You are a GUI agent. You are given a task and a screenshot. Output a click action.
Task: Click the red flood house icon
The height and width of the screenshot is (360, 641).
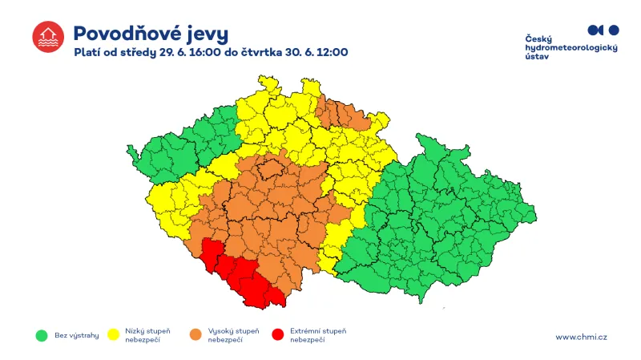point(47,38)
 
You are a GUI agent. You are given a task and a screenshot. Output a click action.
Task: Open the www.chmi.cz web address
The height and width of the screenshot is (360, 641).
point(581,337)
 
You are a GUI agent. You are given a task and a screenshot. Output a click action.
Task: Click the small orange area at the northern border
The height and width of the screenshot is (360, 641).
point(341,113)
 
